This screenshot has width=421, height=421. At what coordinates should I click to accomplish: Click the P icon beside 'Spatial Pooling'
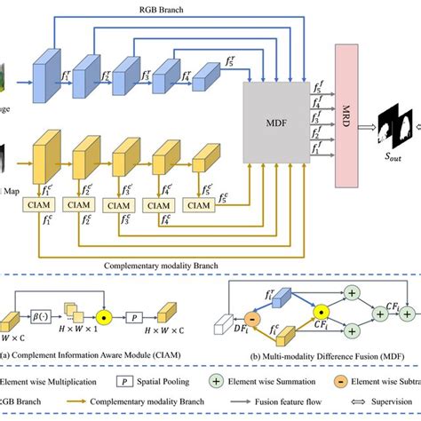tap(105, 385)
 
